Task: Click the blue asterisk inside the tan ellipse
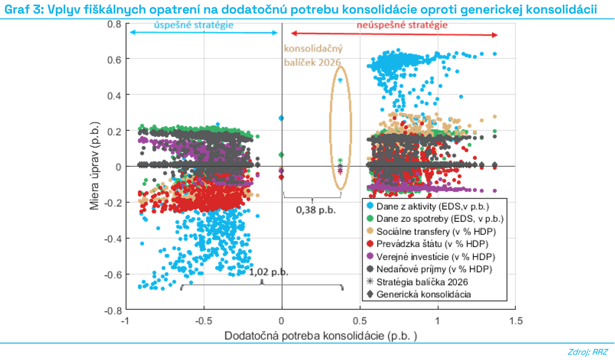pyautogui.click(x=340, y=80)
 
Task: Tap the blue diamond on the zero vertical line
pyautogui.click(x=281, y=118)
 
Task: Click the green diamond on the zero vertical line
pyautogui.click(x=281, y=155)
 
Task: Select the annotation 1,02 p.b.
pyautogui.click(x=269, y=272)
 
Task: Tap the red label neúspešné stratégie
pyautogui.click(x=395, y=25)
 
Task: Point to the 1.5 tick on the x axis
pyautogui.click(x=515, y=320)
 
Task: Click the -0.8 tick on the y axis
pyautogui.click(x=114, y=310)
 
